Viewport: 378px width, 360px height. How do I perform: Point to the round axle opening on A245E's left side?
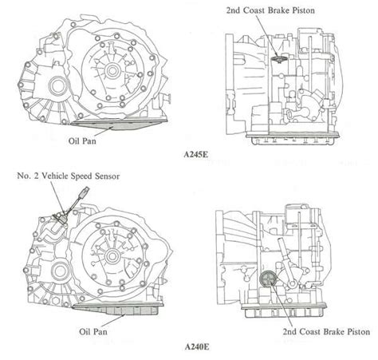(x=59, y=85)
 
